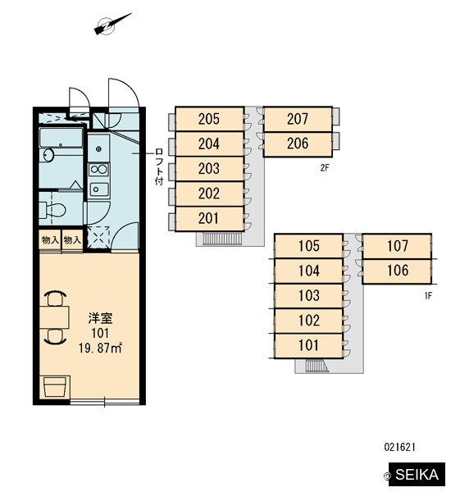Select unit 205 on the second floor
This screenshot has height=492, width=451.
[209, 119]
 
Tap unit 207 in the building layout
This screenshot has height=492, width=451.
[298, 119]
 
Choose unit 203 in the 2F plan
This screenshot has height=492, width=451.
[209, 169]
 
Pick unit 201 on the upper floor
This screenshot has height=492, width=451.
[209, 219]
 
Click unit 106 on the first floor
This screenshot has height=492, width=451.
[397, 271]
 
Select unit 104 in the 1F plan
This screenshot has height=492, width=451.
[309, 271]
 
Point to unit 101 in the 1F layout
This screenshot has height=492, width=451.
[309, 345]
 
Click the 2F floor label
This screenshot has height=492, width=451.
[325, 168]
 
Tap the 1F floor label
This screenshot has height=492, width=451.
[428, 295]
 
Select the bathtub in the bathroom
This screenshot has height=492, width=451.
[61, 138]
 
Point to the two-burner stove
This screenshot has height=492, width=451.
[99, 170]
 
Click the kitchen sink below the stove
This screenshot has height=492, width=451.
[99, 189]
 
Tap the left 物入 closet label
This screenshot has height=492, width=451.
[50, 240]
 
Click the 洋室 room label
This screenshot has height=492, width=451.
[100, 318]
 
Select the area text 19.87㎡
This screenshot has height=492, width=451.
[100, 348]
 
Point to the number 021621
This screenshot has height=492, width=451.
[400, 447]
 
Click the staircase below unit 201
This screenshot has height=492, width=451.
[222, 238]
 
